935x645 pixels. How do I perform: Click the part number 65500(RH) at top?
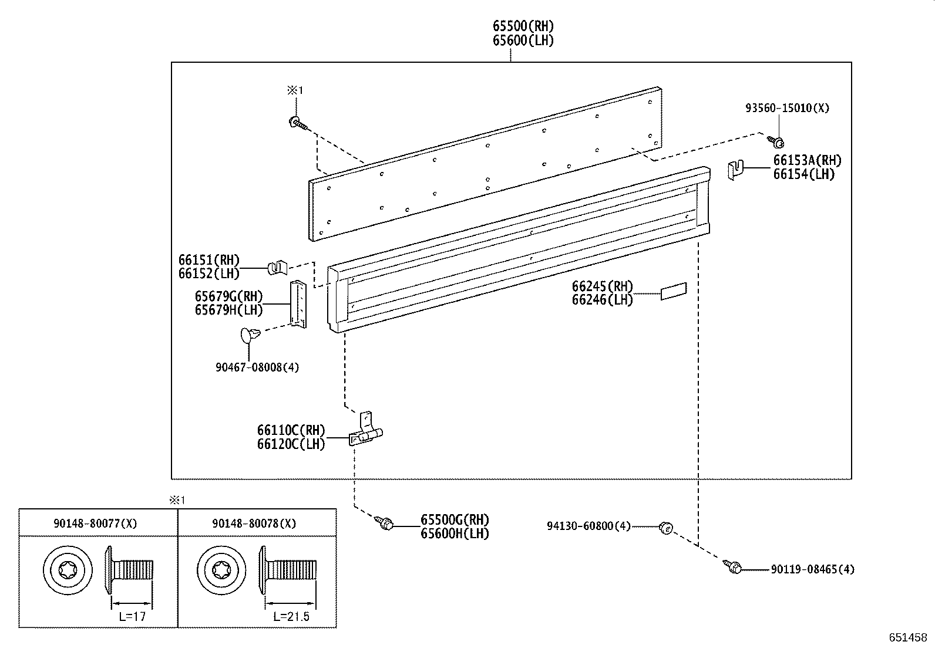[523, 26]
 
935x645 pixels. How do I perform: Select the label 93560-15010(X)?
[787, 108]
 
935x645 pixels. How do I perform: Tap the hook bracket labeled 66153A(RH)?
[735, 170]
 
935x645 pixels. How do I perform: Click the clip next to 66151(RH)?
[277, 268]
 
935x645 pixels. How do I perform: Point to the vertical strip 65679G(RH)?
[299, 303]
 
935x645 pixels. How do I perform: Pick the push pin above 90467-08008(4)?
[249, 336]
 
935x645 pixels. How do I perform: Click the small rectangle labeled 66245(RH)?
[674, 291]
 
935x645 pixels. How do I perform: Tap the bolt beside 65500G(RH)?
[386, 521]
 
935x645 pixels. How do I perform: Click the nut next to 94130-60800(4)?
[665, 527]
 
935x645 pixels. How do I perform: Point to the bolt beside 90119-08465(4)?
[734, 567]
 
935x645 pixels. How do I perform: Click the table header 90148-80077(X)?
[95, 523]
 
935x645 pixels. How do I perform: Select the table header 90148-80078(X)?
[254, 523]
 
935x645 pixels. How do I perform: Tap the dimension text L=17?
[132, 616]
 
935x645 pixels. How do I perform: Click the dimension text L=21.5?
[291, 616]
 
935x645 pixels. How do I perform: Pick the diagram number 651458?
[907, 637]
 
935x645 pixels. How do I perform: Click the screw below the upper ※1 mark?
[296, 123]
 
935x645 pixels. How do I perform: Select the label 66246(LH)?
[602, 300]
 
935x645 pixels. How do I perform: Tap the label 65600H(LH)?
[455, 533]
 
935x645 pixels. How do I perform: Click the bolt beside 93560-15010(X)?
[776, 141]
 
